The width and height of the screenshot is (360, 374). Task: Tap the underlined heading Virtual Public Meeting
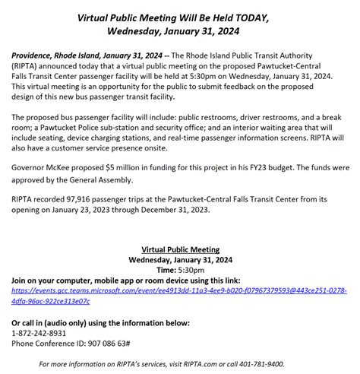click(181, 249)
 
